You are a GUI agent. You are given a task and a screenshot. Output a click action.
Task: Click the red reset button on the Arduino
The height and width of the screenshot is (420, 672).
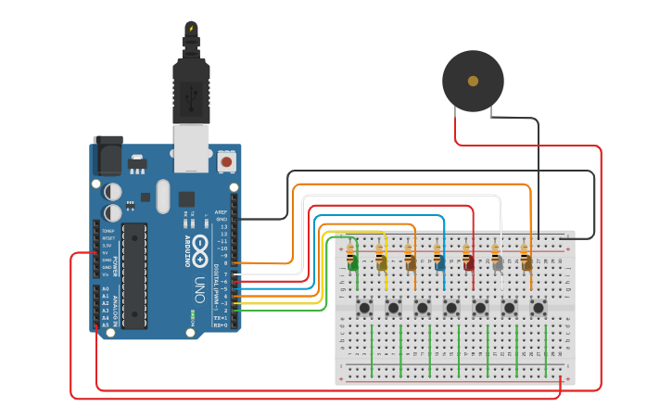225,162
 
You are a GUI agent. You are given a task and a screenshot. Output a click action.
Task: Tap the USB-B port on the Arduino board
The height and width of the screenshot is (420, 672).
192,149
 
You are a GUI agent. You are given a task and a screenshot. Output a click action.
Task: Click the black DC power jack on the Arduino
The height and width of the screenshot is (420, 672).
108,155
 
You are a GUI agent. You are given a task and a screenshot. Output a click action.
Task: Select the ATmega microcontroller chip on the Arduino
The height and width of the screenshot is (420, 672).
133,275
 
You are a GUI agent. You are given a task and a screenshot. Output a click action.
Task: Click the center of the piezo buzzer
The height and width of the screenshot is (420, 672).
473,82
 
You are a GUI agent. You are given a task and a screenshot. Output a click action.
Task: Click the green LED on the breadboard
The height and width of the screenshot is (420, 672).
353,263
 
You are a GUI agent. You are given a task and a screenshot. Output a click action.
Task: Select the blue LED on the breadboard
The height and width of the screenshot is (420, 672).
440,263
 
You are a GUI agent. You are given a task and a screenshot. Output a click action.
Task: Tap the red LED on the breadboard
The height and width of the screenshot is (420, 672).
469,263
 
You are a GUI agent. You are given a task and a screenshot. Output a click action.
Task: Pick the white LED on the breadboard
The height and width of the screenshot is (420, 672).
498,263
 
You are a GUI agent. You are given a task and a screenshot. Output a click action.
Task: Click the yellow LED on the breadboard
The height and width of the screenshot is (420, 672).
382,263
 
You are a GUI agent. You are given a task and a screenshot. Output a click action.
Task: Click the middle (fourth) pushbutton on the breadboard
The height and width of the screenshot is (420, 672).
451,307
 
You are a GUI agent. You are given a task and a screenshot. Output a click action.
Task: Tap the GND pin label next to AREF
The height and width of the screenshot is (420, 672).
221,219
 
